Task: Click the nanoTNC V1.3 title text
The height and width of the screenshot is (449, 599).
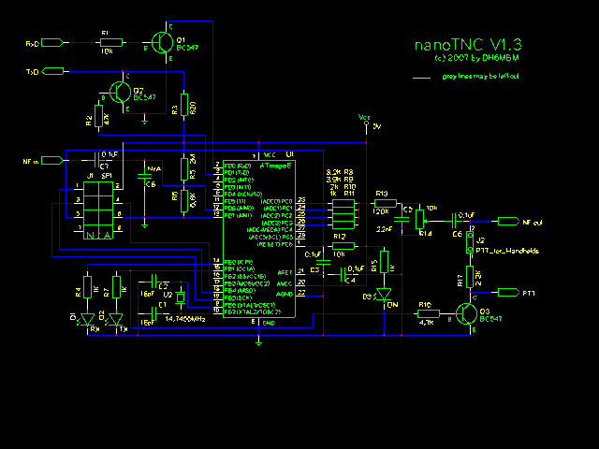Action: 467,44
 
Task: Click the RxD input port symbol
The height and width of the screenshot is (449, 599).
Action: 54,43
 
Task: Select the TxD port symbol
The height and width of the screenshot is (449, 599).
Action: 54,71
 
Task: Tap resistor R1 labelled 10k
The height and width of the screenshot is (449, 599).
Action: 106,42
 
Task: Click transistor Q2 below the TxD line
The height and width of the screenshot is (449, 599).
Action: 121,91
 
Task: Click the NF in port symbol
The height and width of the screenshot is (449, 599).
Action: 54,161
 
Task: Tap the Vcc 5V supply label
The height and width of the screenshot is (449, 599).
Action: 366,121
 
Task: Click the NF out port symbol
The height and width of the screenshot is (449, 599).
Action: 508,222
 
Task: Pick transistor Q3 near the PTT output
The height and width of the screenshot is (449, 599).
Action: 469,311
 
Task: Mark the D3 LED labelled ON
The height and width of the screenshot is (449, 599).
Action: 382,297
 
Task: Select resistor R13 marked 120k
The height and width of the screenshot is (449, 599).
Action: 381,202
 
